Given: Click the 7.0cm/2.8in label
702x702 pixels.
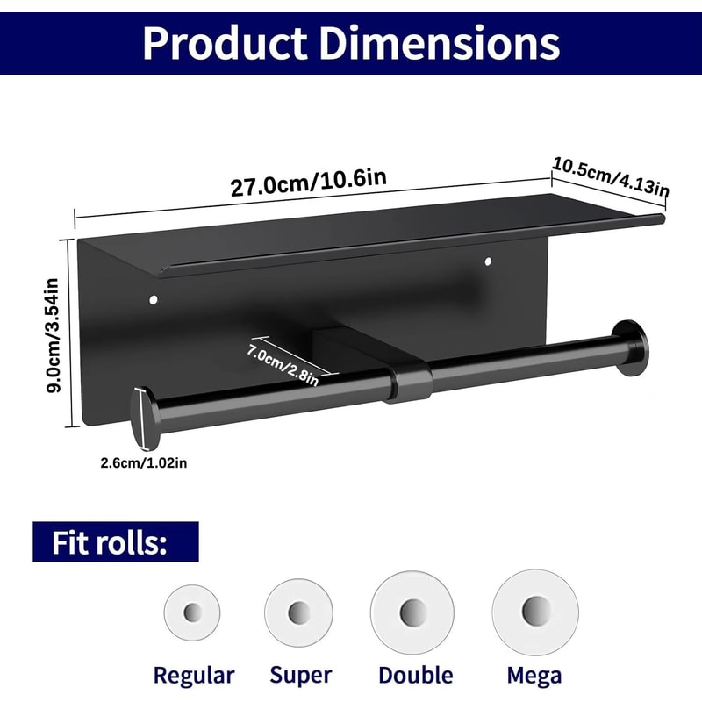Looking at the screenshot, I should click(282, 361).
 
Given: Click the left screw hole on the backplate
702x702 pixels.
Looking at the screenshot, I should click(154, 301).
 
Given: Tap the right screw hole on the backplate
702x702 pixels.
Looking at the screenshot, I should click(488, 261).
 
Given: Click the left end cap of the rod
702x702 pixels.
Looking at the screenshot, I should click(140, 419).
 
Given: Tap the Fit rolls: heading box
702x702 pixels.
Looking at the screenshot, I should click(116, 542).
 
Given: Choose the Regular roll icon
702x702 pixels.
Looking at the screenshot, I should click(191, 611).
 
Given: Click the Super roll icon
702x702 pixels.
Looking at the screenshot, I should click(299, 610).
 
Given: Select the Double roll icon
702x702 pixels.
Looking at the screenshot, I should click(412, 611).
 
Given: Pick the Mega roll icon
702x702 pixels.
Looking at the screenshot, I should click(534, 610).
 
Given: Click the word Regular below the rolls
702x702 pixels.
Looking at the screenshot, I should click(194, 675).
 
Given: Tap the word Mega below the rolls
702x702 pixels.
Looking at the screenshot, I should click(534, 675).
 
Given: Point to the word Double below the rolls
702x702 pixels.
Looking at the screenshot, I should click(415, 675).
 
